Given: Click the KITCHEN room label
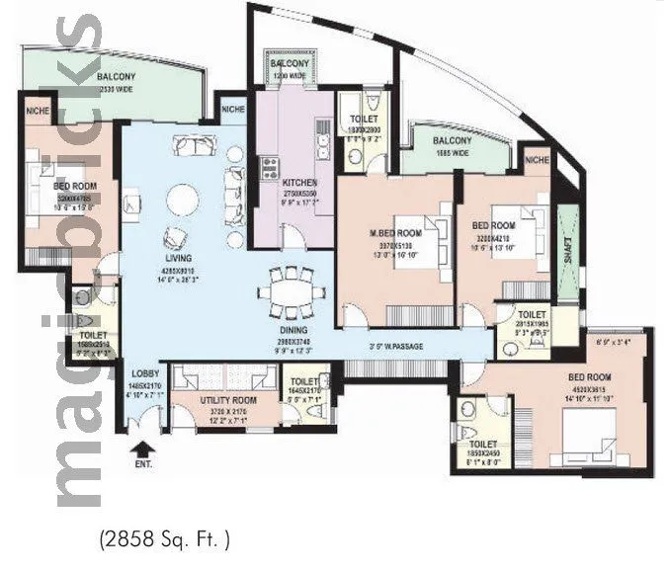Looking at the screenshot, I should coord(298,184).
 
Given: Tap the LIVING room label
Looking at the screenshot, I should coord(179,258).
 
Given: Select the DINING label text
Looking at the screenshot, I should coord(292,330).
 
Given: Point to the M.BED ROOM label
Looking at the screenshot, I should coord(396,232).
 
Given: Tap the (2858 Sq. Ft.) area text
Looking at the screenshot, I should coord(164,539).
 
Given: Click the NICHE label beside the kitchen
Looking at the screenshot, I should coord(233,109).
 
